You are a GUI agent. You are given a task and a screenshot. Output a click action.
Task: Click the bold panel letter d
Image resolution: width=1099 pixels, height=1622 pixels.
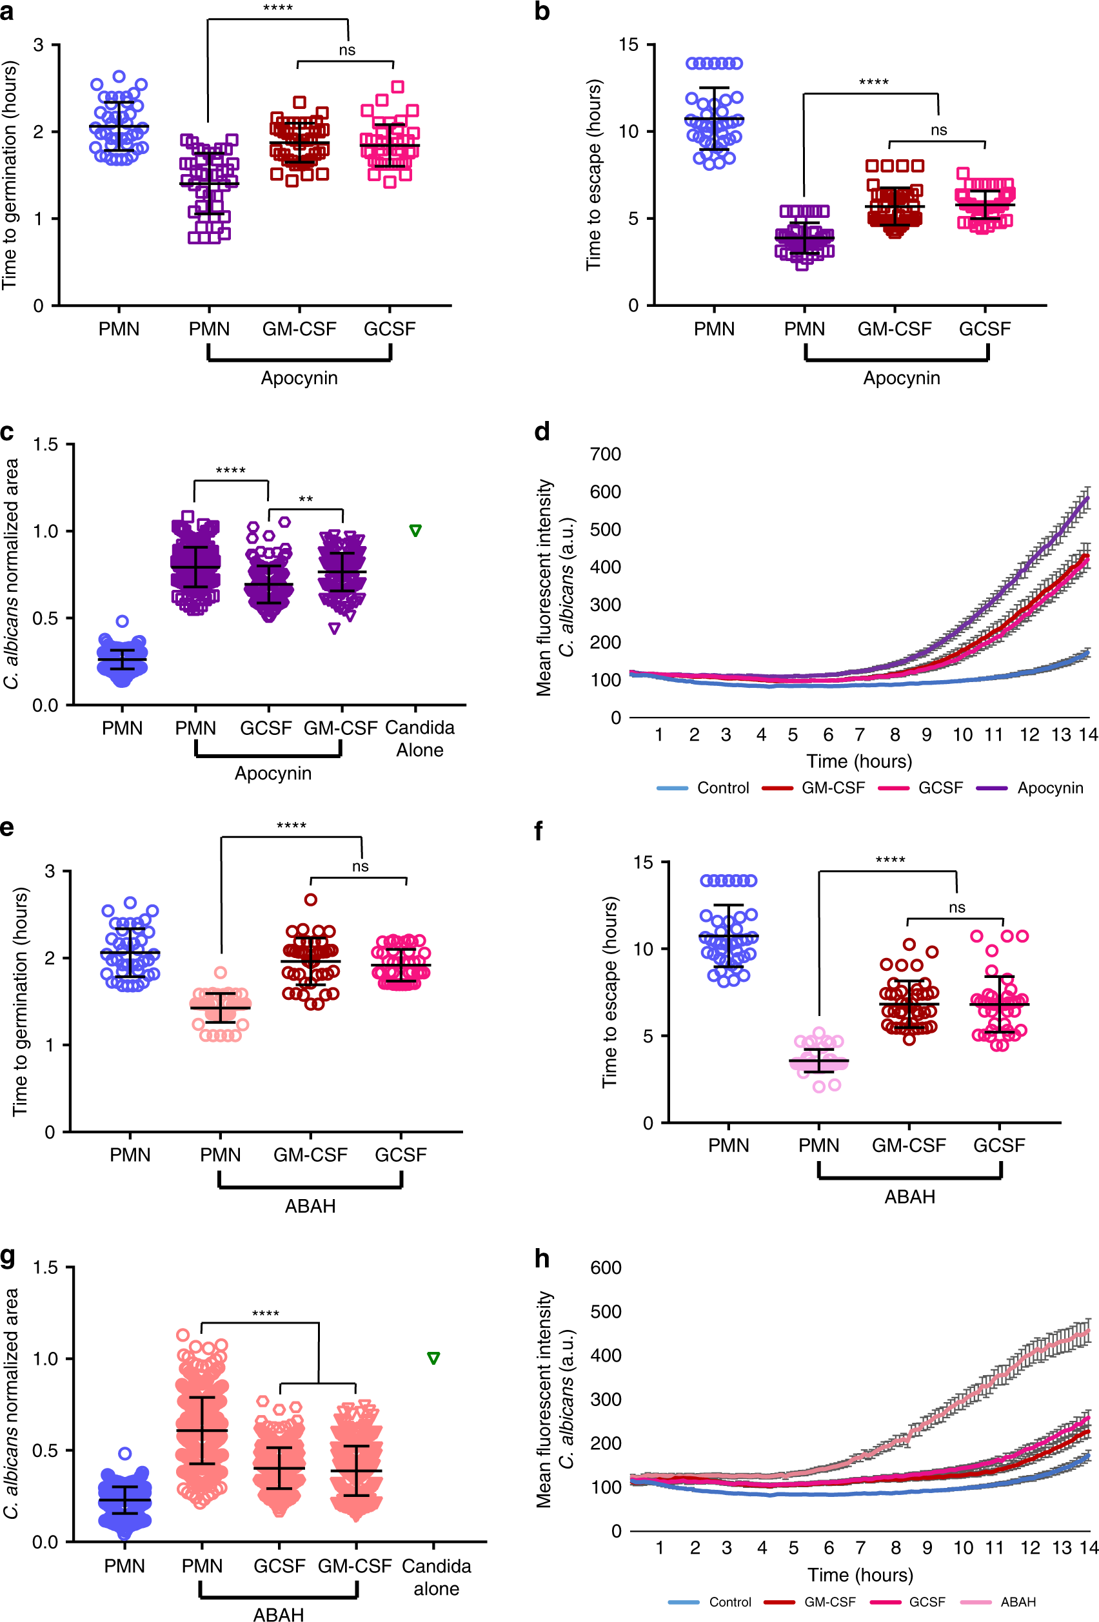click(542, 431)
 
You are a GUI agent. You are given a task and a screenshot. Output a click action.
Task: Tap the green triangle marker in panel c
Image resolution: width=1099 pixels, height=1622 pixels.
click(415, 531)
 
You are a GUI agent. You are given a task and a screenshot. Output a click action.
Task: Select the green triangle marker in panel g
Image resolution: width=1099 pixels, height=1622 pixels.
click(433, 1358)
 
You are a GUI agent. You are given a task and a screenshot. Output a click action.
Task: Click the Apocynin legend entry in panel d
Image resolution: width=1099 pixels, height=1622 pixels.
click(1049, 788)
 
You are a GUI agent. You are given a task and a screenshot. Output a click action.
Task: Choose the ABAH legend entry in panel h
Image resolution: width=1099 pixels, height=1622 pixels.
click(1017, 1602)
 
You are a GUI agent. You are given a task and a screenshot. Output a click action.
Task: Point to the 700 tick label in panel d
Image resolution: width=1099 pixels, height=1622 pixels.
click(606, 454)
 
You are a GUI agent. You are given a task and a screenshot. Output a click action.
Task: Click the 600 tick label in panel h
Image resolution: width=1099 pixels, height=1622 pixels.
click(606, 1267)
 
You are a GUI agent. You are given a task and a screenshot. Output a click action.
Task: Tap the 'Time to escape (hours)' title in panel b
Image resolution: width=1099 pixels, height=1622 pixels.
click(593, 175)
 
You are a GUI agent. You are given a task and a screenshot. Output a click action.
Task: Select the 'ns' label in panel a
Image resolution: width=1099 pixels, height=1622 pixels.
click(347, 50)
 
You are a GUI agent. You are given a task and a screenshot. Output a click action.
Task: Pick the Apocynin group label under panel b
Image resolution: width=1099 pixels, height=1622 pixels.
click(902, 378)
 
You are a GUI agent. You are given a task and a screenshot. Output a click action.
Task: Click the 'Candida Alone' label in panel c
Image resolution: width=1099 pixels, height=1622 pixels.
click(420, 738)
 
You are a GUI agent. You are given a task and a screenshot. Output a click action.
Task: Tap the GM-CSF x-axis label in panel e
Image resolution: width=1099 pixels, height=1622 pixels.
click(310, 1155)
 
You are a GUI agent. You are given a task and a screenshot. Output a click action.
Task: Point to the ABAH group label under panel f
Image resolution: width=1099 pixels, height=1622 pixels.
click(910, 1197)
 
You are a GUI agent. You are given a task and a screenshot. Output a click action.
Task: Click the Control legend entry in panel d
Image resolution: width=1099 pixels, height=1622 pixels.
click(722, 788)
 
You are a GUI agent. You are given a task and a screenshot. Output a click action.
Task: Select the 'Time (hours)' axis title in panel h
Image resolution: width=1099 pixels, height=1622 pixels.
click(860, 1575)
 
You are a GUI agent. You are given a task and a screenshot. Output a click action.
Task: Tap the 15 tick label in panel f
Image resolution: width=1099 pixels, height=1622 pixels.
click(643, 863)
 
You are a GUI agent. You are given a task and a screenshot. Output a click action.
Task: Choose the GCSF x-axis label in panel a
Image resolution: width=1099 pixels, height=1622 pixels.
click(390, 329)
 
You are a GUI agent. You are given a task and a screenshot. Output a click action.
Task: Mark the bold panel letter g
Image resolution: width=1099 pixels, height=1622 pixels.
click(8, 1256)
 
